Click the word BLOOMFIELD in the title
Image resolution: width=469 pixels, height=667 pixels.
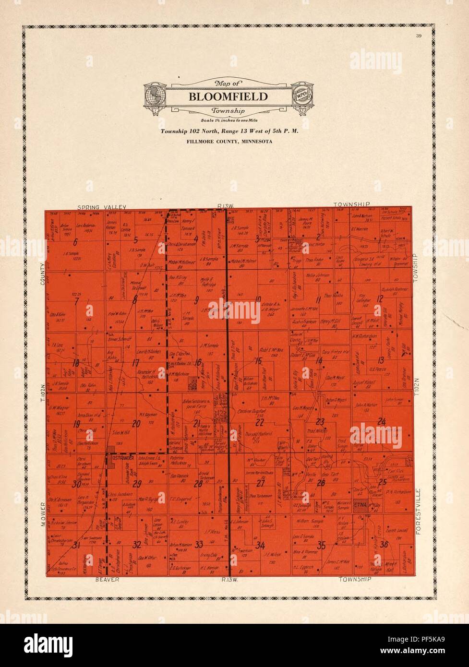[228, 96]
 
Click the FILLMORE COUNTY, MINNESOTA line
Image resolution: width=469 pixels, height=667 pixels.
[228, 142]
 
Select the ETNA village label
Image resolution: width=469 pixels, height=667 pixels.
[360, 504]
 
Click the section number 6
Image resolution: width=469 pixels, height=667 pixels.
[75, 242]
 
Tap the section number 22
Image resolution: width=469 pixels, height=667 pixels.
[260, 422]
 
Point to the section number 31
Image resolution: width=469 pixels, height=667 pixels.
[75, 544]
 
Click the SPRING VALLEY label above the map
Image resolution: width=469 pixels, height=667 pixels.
[104, 206]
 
